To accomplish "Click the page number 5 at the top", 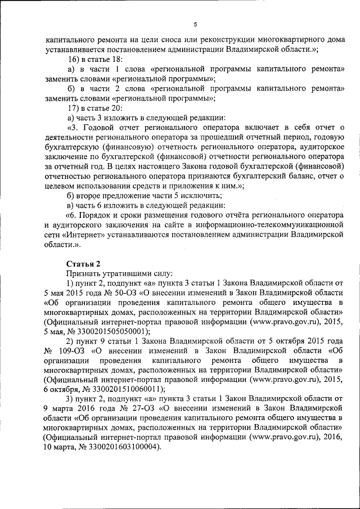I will point(195,24).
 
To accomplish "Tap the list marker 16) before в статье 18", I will point(74,59).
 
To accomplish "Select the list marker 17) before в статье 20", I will point(74,107).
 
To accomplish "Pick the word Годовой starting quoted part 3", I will point(102,128).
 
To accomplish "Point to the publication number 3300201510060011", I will point(125,390).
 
